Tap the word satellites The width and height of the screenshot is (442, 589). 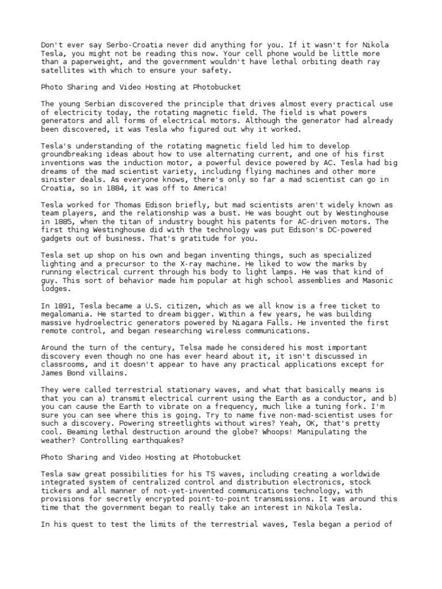64,70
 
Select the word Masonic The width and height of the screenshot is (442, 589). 377,281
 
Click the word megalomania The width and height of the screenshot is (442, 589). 66,315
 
